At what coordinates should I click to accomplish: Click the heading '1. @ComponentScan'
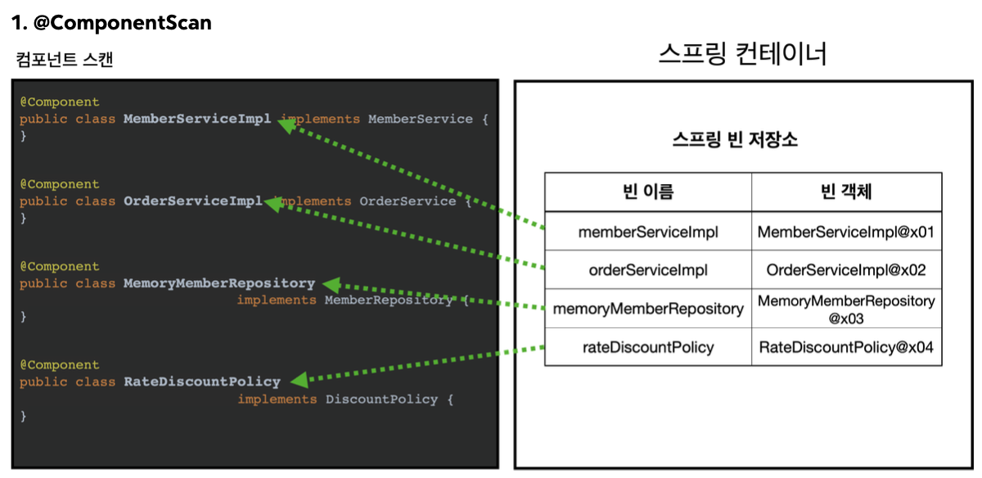point(111,23)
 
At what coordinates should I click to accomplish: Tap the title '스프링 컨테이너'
point(742,54)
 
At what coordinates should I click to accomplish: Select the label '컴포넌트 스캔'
point(65,59)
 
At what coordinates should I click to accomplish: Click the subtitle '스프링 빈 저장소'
point(735,139)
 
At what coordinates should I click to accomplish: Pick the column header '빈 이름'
point(648,192)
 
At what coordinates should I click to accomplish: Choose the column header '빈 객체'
point(846,192)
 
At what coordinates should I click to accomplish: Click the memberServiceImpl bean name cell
point(648,232)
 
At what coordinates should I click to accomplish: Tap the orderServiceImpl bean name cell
point(648,270)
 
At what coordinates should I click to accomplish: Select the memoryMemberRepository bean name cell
point(648,309)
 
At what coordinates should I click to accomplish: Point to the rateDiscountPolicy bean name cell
point(648,347)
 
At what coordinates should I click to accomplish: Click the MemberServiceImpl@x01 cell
point(846,232)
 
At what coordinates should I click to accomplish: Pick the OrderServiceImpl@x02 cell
point(846,270)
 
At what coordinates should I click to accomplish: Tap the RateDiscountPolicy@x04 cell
point(846,347)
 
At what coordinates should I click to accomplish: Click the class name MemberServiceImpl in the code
point(197,119)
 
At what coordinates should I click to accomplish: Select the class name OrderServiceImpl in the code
point(193,201)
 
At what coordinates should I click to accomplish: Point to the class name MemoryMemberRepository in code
point(219,283)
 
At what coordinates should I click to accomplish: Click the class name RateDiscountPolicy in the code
point(201,381)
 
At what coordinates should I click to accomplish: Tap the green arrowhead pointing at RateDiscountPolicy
point(300,380)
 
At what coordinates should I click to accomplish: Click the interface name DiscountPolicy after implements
point(381,399)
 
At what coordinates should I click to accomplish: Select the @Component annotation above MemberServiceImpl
point(60,101)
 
